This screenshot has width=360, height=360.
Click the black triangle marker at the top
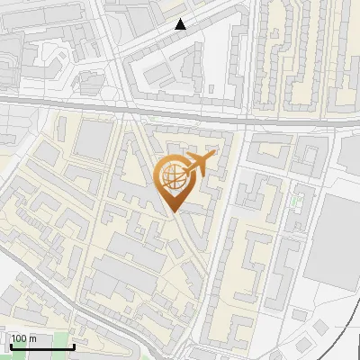coord(181,24)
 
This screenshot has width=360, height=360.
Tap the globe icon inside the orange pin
coord(173,175)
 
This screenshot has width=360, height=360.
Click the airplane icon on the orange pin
coord(198,165)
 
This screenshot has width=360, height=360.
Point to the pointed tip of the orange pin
coord(175,211)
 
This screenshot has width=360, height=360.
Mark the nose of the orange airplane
coord(212,157)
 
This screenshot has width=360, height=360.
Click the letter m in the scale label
coord(33,338)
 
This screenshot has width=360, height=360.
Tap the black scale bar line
coord(41,346)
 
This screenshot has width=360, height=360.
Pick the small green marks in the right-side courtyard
coord(294,198)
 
